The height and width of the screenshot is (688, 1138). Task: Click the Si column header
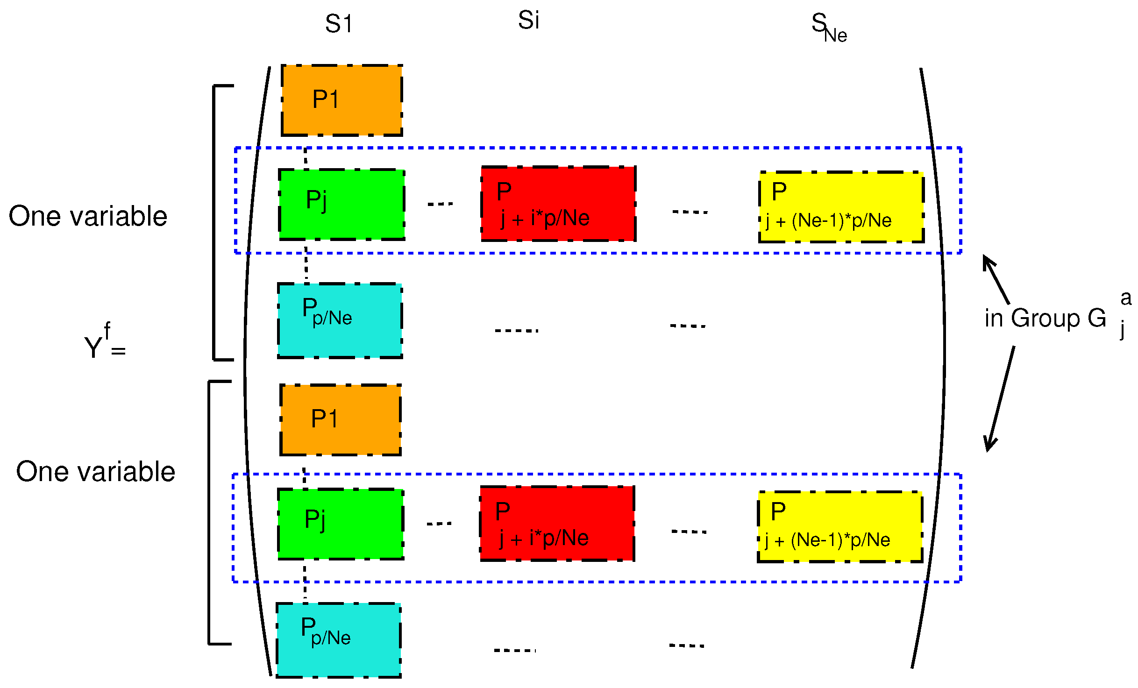(528, 21)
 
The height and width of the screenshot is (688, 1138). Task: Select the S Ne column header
(828, 28)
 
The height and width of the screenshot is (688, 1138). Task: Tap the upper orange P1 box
(341, 100)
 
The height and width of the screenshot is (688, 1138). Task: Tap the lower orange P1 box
(340, 419)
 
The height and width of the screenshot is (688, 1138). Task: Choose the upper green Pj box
(341, 205)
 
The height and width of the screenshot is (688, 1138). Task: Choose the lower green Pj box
(340, 524)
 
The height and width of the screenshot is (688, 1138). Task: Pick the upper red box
(558, 204)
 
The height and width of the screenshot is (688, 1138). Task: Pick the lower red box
(557, 523)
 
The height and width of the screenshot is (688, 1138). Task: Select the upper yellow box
(841, 207)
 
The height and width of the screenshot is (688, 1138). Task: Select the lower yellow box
(840, 526)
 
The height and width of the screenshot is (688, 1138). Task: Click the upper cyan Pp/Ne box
(340, 320)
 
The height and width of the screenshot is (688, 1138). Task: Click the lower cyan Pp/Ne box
(339, 640)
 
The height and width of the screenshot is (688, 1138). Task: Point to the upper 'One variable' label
(88, 216)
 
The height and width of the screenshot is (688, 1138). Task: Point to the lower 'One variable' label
(95, 471)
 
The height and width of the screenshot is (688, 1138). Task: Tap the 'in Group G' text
(1046, 319)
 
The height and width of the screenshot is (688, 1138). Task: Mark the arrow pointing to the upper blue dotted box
(996, 279)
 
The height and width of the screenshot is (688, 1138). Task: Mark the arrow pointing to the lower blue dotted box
(1000, 399)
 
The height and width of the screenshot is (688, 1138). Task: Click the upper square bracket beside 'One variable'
(214, 223)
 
